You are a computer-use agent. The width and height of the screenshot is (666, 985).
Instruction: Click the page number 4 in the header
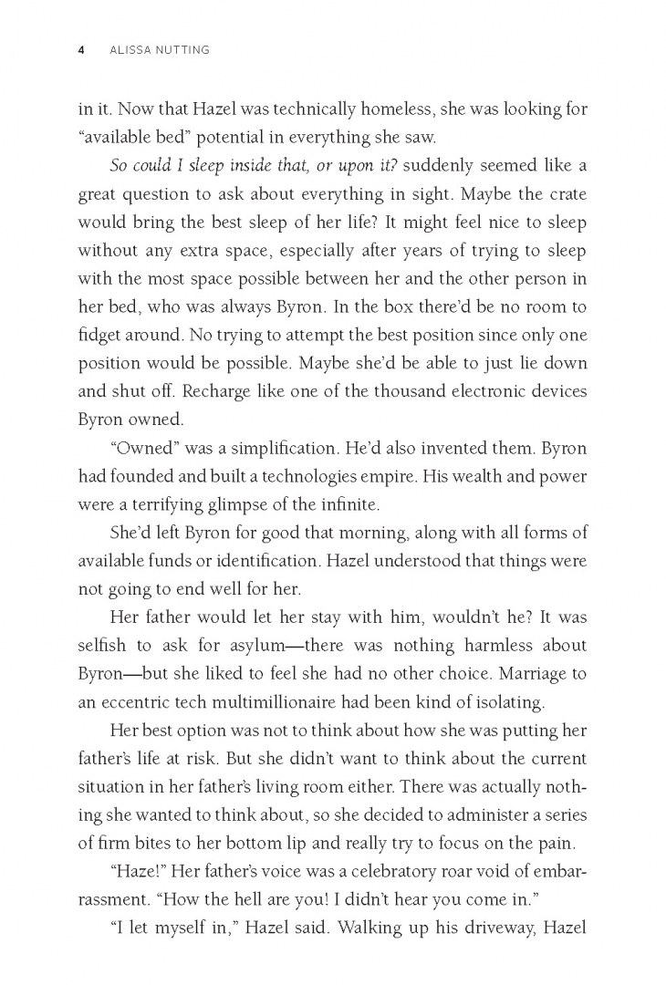click(x=81, y=50)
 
